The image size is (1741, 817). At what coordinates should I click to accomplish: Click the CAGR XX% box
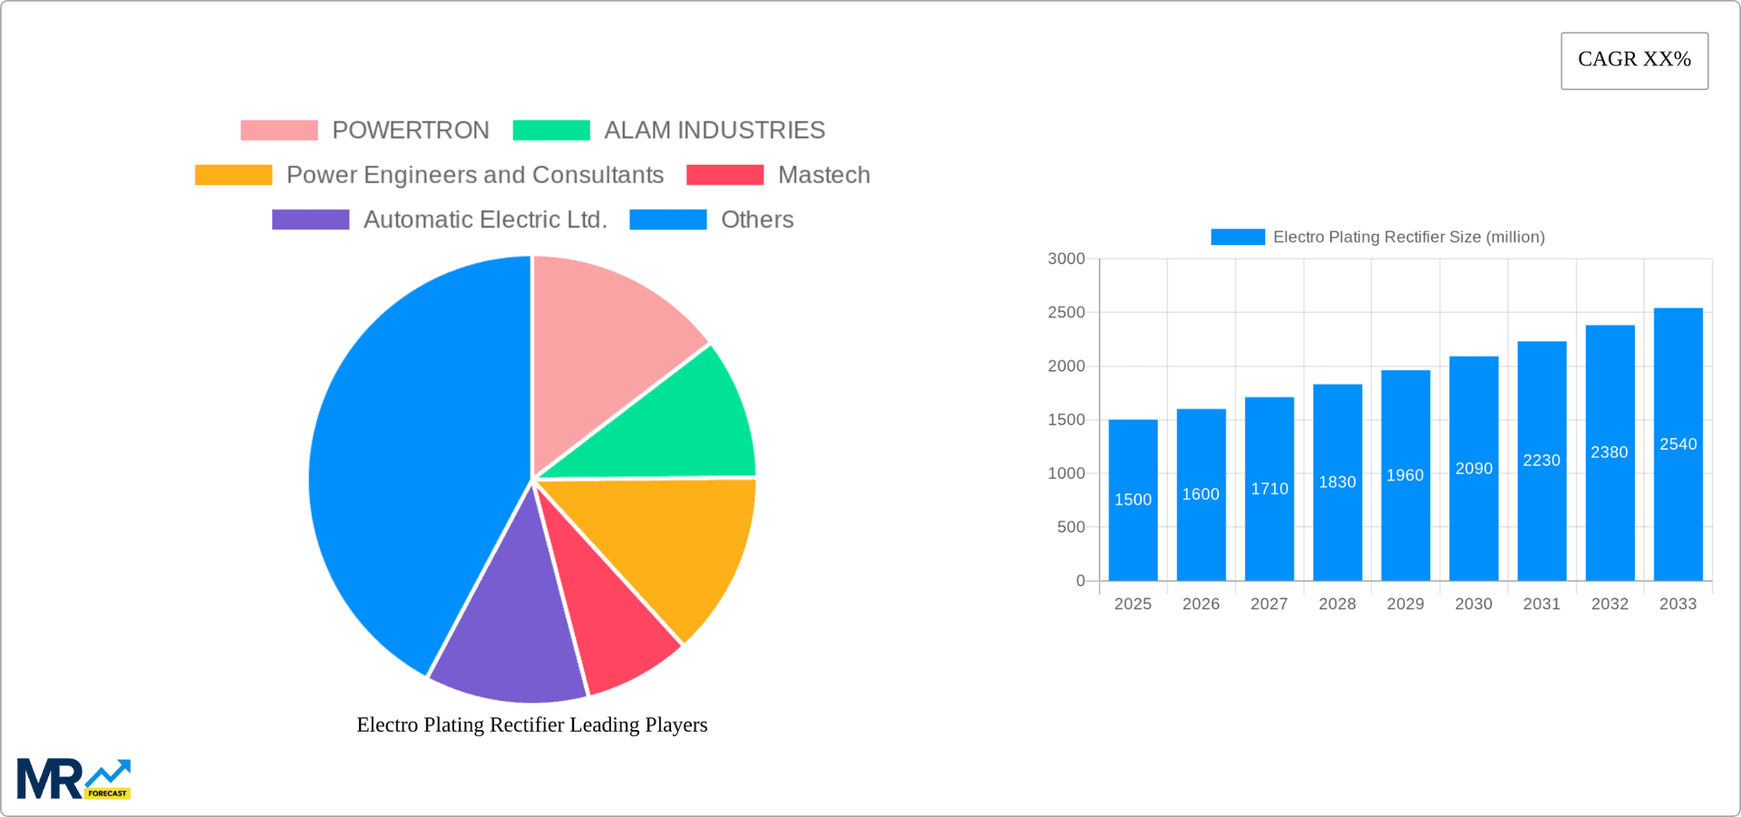[x=1634, y=61]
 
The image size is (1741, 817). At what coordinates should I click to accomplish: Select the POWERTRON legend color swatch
[x=279, y=131]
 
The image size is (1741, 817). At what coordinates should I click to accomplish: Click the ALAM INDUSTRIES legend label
[x=715, y=131]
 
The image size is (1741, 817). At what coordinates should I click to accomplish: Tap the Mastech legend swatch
[x=725, y=175]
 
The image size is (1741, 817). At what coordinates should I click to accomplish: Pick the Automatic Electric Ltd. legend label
[x=485, y=220]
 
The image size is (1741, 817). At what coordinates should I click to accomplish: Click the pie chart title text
[x=532, y=725]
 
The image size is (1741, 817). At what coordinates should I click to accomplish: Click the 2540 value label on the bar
[x=1678, y=444]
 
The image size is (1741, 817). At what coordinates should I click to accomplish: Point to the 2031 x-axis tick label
[x=1542, y=604]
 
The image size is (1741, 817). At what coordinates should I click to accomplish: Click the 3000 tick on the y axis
[x=1066, y=259]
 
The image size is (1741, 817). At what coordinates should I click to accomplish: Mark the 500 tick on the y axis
[x=1071, y=527]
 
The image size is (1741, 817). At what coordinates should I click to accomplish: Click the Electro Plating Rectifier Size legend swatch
[x=1238, y=237]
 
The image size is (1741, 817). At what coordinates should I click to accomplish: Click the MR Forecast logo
[x=73, y=779]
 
